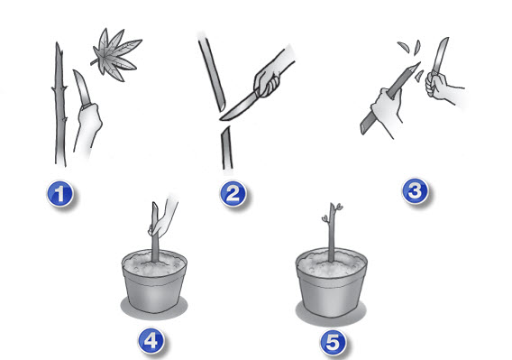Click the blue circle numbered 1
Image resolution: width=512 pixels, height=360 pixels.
[x=59, y=194]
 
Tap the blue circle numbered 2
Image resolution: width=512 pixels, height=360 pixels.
[x=233, y=194]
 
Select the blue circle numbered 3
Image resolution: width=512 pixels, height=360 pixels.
[x=415, y=191]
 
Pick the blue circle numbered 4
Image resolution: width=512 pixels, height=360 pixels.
[x=151, y=341]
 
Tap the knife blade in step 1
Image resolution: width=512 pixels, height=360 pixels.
[x=82, y=88]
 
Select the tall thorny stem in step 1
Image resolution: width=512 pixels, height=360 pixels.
[x=59, y=105]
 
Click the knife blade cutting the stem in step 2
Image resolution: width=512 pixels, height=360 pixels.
[x=238, y=106]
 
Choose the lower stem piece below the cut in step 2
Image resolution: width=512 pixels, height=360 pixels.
[x=227, y=148]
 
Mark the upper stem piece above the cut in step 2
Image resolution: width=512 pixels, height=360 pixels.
[x=212, y=74]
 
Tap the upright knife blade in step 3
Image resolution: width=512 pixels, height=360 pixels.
[x=440, y=55]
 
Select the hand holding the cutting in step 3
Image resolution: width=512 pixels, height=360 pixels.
[x=387, y=109]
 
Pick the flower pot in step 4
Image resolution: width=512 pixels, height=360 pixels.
[x=154, y=282]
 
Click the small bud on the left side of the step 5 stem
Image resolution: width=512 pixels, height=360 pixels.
[x=325, y=218]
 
